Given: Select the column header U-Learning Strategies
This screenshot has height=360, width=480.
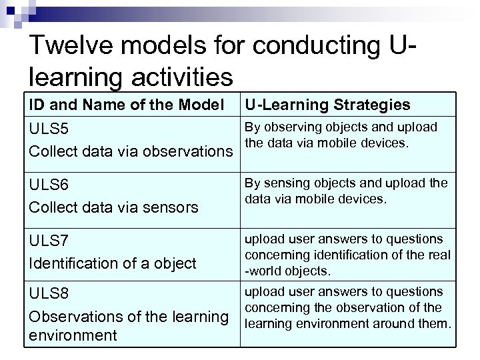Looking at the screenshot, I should pyautogui.click(x=327, y=105).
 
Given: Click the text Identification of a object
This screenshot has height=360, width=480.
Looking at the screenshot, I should pyautogui.click(x=113, y=263).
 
